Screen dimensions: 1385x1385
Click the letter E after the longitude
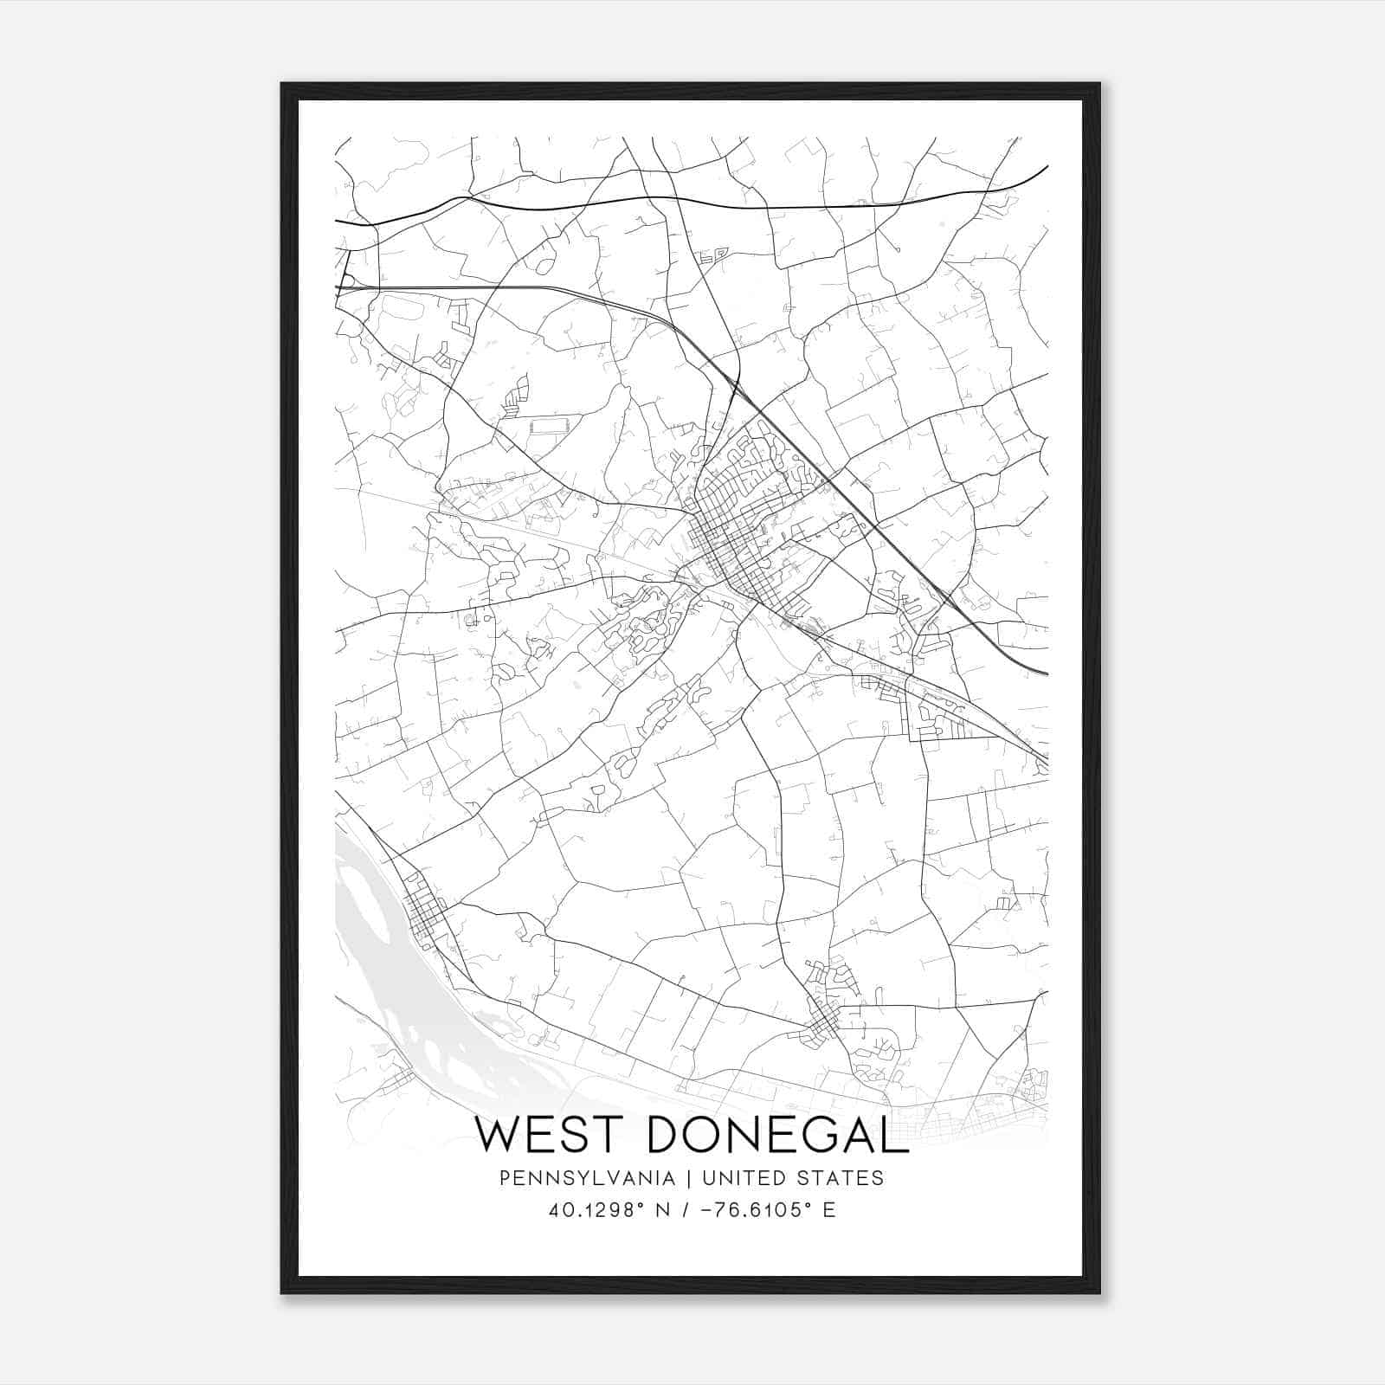(829, 1210)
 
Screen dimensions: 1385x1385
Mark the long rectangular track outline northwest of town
(545, 426)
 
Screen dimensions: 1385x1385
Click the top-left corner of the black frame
(283, 85)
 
